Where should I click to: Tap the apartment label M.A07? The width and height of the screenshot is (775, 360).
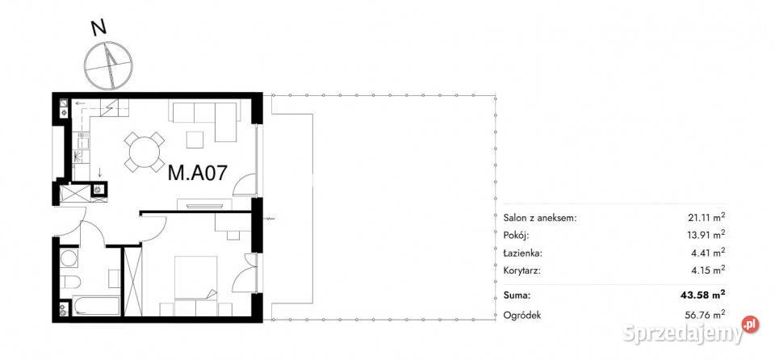tap(198, 173)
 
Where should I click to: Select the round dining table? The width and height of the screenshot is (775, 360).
tap(144, 151)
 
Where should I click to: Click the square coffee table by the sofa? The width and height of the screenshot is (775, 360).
tap(195, 140)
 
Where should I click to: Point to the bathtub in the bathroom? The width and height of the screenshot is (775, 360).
tap(96, 306)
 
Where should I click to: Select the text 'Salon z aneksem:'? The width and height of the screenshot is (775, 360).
tap(540, 218)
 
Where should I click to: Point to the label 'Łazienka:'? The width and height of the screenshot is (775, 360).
tap(523, 253)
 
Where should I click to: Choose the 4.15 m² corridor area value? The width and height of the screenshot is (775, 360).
tap(708, 270)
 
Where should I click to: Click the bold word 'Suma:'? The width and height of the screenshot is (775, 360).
tap(517, 295)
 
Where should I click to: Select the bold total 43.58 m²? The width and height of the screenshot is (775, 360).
tap(704, 295)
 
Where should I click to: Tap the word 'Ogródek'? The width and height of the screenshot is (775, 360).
tap(522, 315)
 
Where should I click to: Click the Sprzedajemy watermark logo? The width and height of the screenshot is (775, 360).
tap(691, 333)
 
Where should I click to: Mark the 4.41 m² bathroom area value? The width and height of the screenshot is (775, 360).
tap(708, 253)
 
